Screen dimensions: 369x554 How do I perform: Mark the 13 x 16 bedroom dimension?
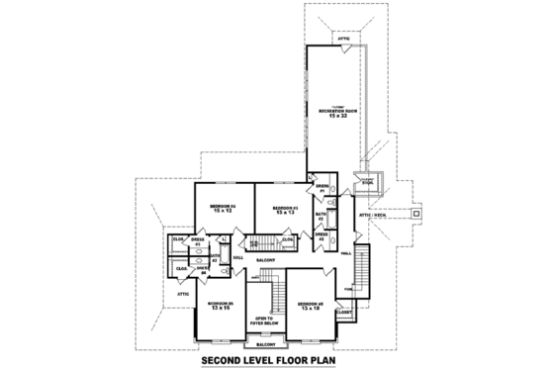221,309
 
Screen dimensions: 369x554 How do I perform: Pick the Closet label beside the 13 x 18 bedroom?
344,313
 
